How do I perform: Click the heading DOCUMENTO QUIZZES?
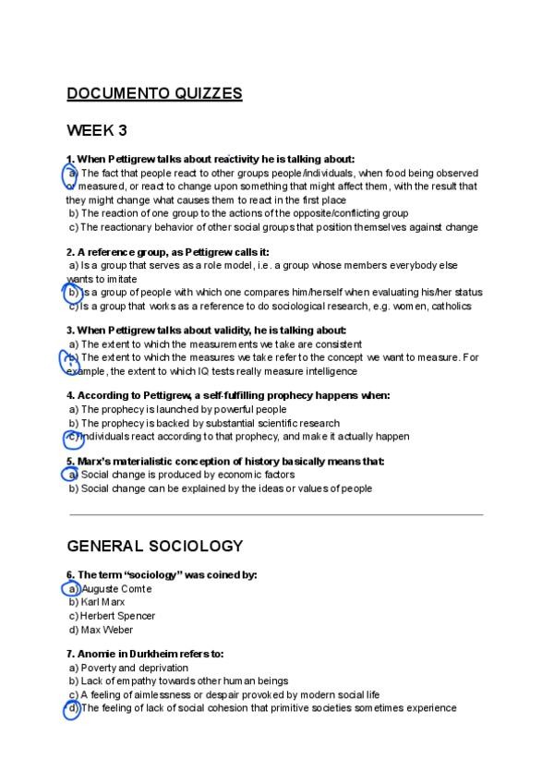click(154, 93)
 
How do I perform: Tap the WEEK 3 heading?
click(96, 129)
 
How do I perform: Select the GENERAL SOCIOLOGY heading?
click(154, 546)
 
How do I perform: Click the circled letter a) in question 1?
click(71, 174)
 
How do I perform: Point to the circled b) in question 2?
click(73, 293)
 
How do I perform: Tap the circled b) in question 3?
click(72, 357)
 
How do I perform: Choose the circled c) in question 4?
click(72, 437)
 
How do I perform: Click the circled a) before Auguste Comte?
click(72, 588)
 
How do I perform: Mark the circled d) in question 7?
click(72, 708)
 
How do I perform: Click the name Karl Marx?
click(103, 602)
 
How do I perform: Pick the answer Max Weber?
click(106, 630)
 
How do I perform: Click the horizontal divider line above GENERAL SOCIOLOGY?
click(275, 514)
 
